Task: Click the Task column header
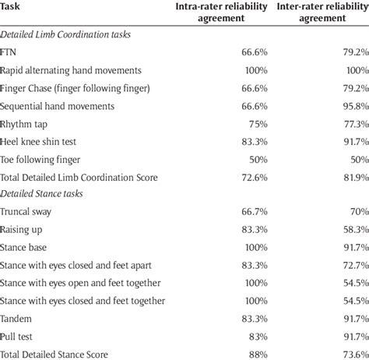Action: coord(13,6)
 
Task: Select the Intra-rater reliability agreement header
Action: coord(220,13)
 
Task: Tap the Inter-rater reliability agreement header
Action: coord(318,13)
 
